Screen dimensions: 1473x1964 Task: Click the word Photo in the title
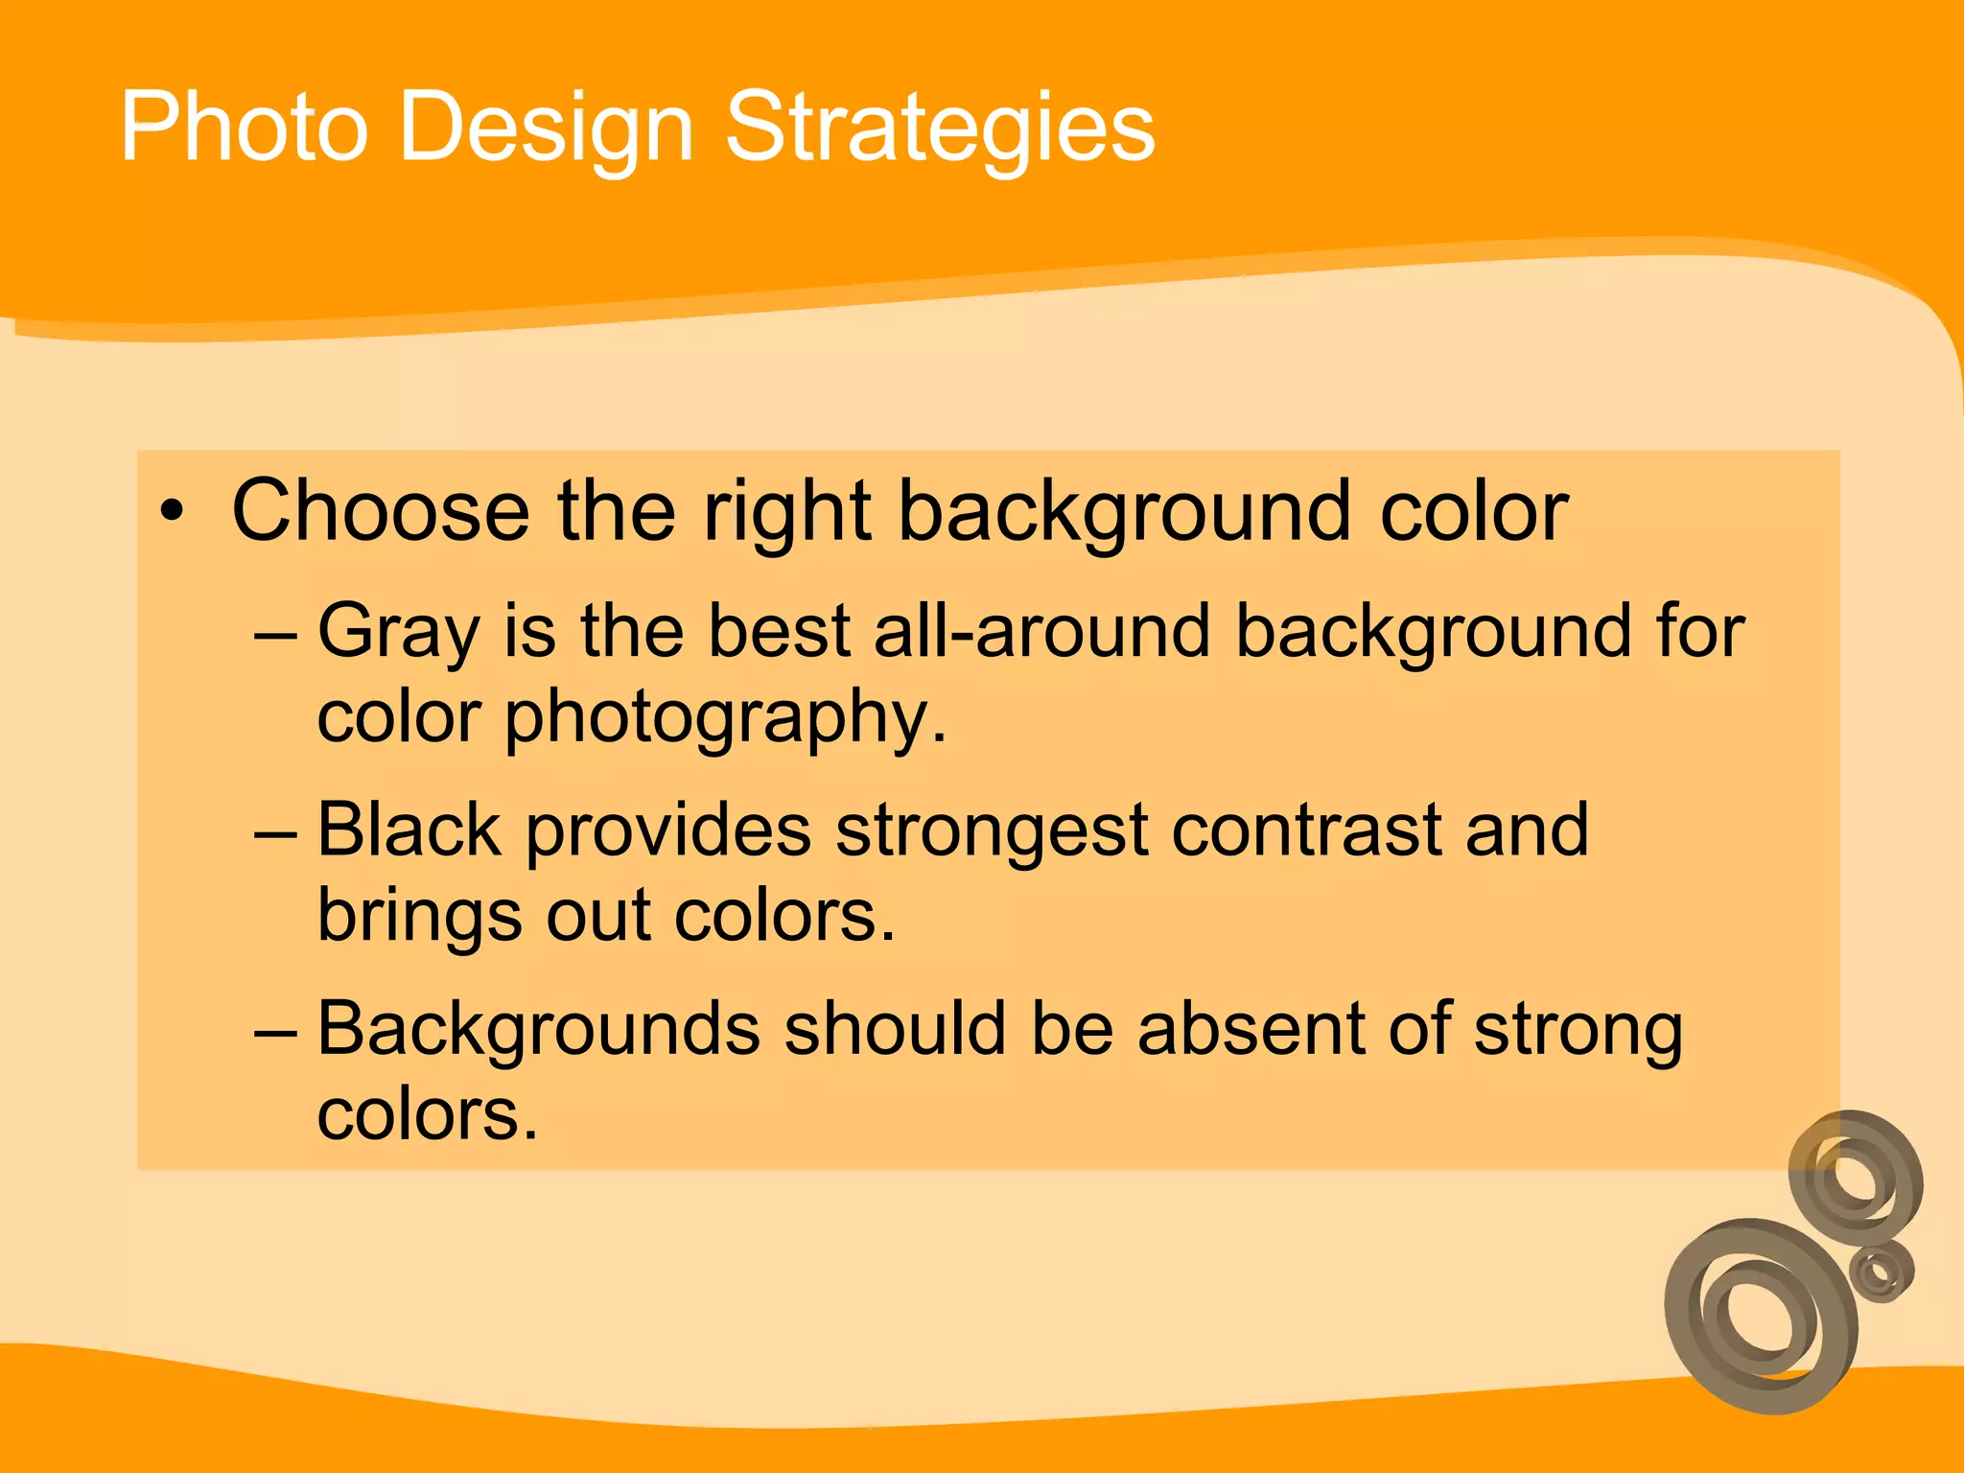pos(244,127)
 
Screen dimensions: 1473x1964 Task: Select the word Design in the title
pos(545,129)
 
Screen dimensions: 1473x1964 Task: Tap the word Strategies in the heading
pos(940,129)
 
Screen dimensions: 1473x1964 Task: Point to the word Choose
pos(380,510)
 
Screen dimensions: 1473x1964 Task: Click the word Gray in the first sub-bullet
pos(399,633)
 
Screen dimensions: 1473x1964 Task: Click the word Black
pos(409,830)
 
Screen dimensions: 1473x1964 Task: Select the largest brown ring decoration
pos(1761,1316)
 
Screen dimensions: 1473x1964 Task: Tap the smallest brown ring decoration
pos(1882,1272)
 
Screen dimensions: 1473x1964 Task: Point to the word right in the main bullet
pos(787,512)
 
